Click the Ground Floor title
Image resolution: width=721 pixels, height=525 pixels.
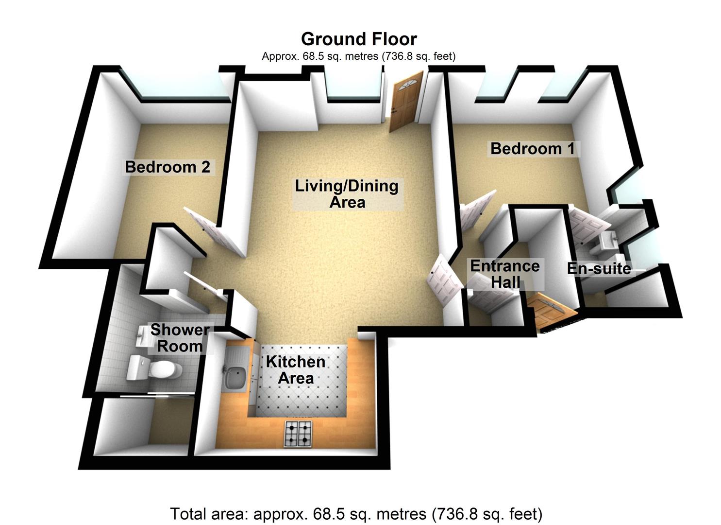(358, 39)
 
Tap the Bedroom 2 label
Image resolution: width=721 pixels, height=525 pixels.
(168, 167)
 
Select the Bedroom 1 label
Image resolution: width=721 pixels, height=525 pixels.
(532, 149)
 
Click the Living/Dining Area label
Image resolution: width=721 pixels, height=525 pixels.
(347, 193)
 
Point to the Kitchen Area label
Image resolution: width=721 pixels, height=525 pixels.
(295, 370)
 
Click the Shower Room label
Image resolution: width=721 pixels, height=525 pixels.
(180, 338)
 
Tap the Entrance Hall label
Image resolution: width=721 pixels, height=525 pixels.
(505, 274)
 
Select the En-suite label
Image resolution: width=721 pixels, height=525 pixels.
(599, 268)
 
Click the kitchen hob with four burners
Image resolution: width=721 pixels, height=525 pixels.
(298, 434)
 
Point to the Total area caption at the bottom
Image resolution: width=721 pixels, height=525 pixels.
(356, 513)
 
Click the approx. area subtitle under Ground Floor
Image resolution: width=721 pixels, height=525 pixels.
(358, 56)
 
